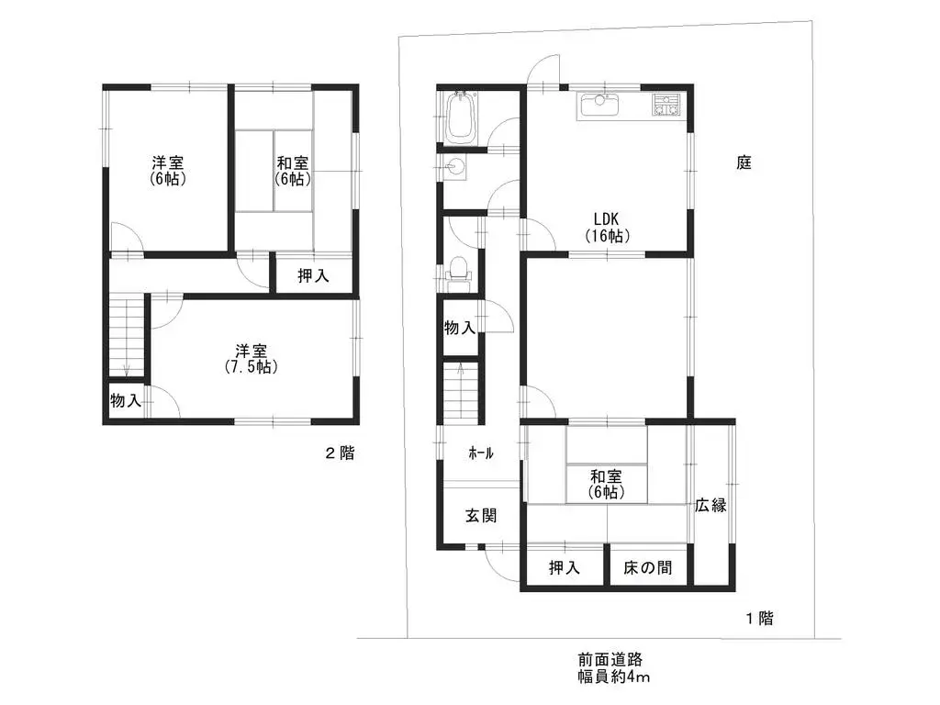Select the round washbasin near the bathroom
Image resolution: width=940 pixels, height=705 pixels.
coord(454,166)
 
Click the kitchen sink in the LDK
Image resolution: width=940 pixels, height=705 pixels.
coord(601,106)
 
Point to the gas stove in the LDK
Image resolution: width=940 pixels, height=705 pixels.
coord(666,106)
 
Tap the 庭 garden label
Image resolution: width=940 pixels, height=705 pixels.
coord(744,163)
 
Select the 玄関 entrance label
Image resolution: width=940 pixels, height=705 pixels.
coord(481,516)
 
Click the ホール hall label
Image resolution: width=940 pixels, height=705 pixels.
coord(481,453)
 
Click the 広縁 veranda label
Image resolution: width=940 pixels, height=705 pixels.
coord(710,505)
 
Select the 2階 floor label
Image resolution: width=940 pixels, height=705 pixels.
coord(340,453)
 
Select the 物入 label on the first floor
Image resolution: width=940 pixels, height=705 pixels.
coord(460,327)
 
